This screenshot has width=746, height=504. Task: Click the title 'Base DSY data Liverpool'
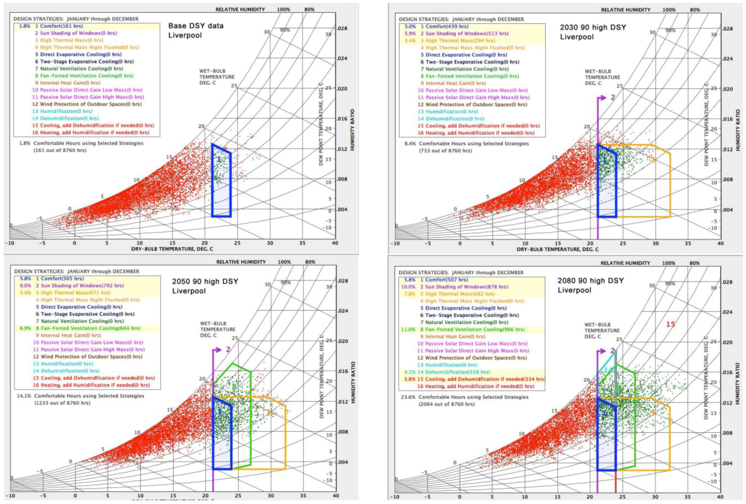(196, 30)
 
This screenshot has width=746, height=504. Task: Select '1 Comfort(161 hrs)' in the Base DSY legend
(59, 26)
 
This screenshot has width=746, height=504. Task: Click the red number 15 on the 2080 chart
(670, 324)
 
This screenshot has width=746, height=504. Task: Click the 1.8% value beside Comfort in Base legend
(25, 26)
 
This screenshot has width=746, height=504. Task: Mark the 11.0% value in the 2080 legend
(408, 329)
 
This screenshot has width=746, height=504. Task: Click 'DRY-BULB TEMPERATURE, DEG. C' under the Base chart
(172, 249)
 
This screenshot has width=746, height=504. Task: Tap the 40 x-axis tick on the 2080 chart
(720, 497)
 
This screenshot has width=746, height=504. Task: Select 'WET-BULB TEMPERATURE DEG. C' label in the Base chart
(217, 77)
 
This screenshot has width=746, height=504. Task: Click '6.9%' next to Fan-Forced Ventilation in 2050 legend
(25, 328)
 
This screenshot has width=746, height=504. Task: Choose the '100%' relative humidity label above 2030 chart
(669, 10)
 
